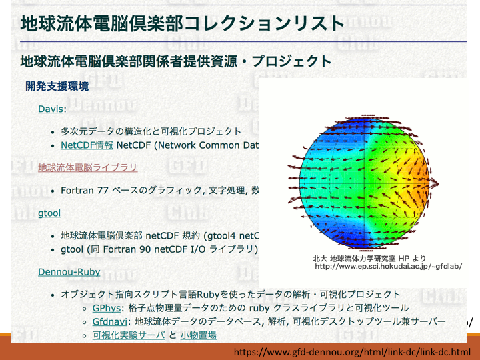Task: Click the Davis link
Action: pyautogui.click(x=51, y=109)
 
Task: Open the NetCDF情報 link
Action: pyautogui.click(x=87, y=145)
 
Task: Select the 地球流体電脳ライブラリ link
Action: pyautogui.click(x=87, y=167)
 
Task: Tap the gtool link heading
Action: pyautogui.click(x=49, y=213)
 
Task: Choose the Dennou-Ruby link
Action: pyautogui.click(x=69, y=272)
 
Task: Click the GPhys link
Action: pyautogui.click(x=107, y=308)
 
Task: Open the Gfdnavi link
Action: pyautogui.click(x=110, y=321)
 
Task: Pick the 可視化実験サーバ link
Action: pyautogui.click(x=129, y=335)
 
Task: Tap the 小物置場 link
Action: pyautogui.click(x=199, y=335)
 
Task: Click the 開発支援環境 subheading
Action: pyautogui.click(x=57, y=86)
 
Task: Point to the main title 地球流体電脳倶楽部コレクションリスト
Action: pyautogui.click(x=183, y=23)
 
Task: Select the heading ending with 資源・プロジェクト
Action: pyautogui.click(x=176, y=61)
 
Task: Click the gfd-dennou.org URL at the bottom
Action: pyautogui.click(x=352, y=352)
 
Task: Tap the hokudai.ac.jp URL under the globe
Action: pyautogui.click(x=389, y=266)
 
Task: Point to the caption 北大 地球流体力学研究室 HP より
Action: pyautogui.click(x=369, y=259)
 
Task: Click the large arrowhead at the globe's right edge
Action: pyautogui.click(x=435, y=184)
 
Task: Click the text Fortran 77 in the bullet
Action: pyautogui.click(x=85, y=191)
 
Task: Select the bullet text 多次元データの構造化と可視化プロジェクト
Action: pyautogui.click(x=151, y=131)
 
